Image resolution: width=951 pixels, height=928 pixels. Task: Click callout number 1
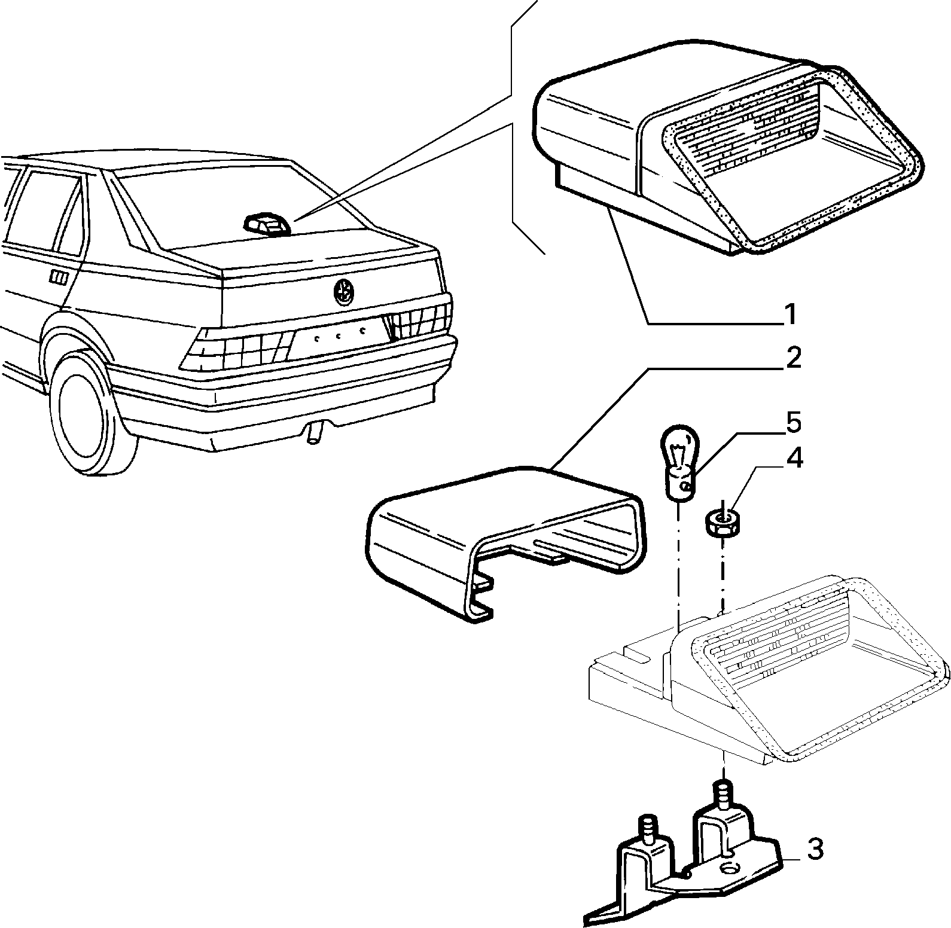[x=790, y=315]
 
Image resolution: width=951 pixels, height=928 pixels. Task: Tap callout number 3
[x=814, y=849]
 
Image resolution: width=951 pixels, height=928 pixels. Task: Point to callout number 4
[x=794, y=459]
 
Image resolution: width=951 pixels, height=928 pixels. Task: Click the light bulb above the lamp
[x=678, y=461]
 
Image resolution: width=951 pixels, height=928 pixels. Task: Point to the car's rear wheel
[x=90, y=413]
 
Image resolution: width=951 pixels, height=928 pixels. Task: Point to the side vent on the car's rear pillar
[x=59, y=277]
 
